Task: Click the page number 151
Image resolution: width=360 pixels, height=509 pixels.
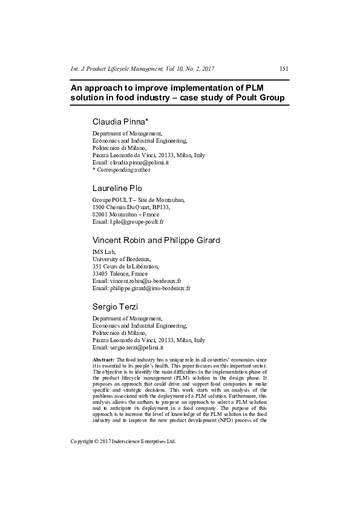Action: [x=284, y=69]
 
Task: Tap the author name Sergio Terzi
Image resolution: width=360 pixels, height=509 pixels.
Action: [x=115, y=307]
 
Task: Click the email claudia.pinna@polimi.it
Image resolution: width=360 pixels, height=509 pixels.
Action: [x=139, y=163]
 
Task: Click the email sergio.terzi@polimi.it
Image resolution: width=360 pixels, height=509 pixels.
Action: [x=137, y=348]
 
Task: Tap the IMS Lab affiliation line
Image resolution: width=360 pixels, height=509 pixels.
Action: [x=103, y=252]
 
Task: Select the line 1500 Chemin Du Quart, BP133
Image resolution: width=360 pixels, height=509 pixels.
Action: [x=131, y=207]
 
